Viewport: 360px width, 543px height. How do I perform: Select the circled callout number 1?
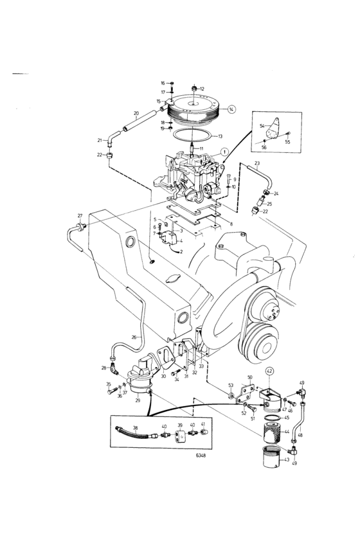[x=224, y=152]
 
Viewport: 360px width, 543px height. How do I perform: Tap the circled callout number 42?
[x=269, y=371]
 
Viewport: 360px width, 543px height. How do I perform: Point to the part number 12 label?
[x=202, y=89]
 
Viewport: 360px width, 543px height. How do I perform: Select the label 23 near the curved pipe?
[x=256, y=164]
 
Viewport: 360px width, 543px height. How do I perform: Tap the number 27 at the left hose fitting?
[x=80, y=216]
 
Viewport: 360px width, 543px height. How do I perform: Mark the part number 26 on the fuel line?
[x=134, y=336]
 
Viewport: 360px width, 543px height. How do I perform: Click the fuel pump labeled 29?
[x=138, y=380]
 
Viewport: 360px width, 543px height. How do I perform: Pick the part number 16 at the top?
[x=163, y=83]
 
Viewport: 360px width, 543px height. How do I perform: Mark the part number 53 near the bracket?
[x=230, y=386]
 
